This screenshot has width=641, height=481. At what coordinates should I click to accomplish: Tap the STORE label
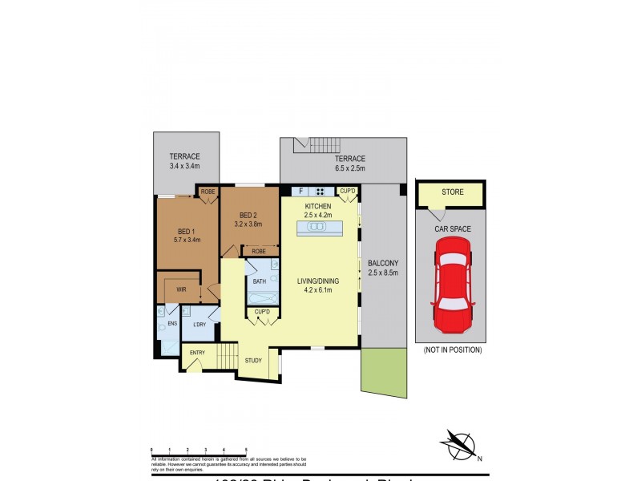[x=453, y=192]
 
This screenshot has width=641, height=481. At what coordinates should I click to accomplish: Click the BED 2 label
[x=248, y=215]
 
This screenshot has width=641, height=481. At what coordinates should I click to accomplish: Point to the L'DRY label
[x=199, y=324]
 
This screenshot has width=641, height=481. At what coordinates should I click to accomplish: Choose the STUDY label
[x=253, y=361]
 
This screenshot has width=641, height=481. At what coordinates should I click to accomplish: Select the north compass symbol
[x=458, y=443]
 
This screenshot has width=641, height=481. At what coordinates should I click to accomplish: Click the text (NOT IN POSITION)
[x=453, y=350]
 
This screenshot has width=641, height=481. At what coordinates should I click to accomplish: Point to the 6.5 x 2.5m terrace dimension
[x=350, y=168]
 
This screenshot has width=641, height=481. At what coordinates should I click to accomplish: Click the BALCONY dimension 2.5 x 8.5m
[x=382, y=273]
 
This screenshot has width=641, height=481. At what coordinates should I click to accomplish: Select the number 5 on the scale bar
[x=245, y=451]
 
